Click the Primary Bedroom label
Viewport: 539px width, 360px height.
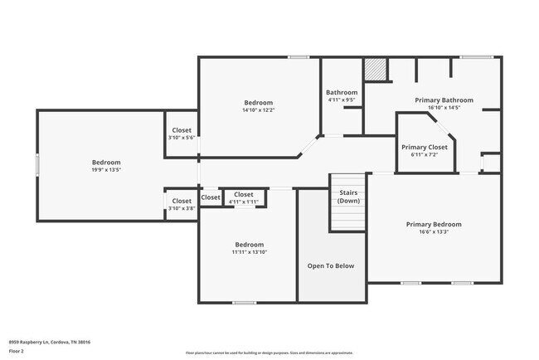click(433, 224)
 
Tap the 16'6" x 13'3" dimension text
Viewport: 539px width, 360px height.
click(433, 232)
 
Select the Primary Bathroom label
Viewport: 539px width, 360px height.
click(444, 100)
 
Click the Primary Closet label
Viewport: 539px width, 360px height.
click(425, 147)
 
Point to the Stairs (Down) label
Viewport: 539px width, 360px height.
click(348, 196)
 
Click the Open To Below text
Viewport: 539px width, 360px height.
click(331, 266)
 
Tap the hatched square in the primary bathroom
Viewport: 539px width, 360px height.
click(377, 70)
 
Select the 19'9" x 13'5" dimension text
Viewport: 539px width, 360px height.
click(106, 170)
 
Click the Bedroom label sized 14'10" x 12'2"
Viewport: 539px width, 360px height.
click(258, 102)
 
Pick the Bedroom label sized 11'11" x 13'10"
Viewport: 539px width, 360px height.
click(249, 245)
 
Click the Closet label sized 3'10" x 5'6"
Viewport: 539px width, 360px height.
click(182, 130)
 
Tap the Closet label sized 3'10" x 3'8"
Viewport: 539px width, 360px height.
click(182, 201)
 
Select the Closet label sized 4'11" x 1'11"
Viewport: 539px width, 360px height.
click(243, 195)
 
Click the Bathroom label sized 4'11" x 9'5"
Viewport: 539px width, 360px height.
click(342, 92)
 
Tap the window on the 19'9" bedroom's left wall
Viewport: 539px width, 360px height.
click(37, 164)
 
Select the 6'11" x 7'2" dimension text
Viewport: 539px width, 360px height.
click(425, 154)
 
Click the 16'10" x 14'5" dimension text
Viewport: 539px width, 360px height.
click(444, 107)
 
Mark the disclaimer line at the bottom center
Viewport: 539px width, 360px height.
click(293, 353)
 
